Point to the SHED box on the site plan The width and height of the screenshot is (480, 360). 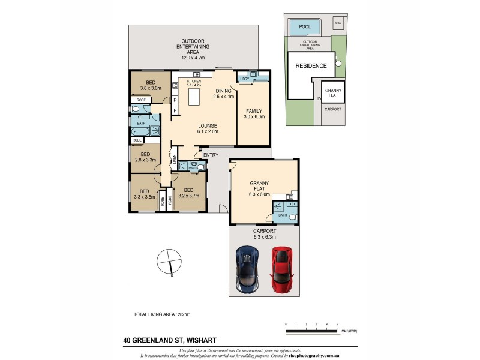338,22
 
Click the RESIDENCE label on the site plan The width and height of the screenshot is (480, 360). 311,66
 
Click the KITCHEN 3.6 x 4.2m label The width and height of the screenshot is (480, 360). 194,83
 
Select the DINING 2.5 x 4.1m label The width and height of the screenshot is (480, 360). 223,94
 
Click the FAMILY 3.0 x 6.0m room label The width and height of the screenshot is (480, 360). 251,114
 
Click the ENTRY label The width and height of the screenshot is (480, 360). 211,155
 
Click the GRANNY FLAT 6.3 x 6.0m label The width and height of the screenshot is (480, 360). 259,190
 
